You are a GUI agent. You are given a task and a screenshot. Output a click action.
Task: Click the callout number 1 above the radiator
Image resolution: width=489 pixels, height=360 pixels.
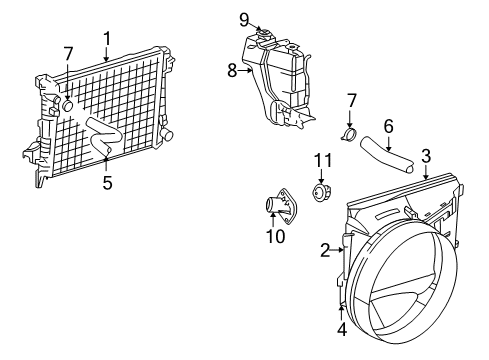[x=106, y=38]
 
